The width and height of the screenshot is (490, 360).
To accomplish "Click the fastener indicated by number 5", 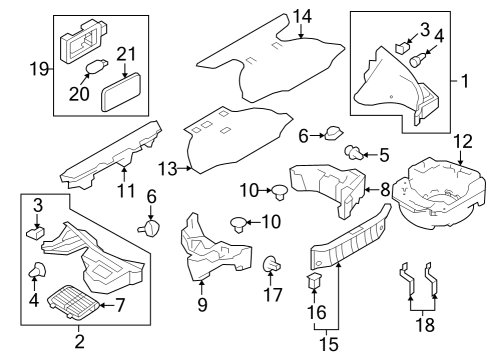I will [351, 152].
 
